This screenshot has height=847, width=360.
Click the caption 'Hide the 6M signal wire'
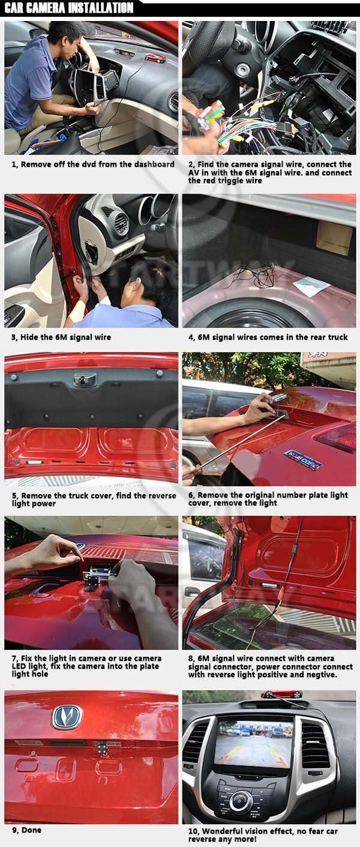tap(65, 337)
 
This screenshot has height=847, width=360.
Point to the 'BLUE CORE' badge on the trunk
tap(303, 459)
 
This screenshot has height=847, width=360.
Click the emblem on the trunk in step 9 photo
tap(66, 717)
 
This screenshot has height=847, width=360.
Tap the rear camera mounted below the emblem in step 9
tap(103, 748)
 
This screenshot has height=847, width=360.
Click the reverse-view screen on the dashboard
tap(253, 744)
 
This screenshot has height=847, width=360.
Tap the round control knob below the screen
tap(241, 800)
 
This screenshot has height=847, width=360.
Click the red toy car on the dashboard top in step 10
tap(281, 695)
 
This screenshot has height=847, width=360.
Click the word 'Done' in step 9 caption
tap(31, 830)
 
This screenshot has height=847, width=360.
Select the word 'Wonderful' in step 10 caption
tap(226, 831)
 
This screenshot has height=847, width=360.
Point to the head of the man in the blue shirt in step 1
tap(64, 34)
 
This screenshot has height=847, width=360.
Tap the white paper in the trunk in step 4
tap(312, 287)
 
